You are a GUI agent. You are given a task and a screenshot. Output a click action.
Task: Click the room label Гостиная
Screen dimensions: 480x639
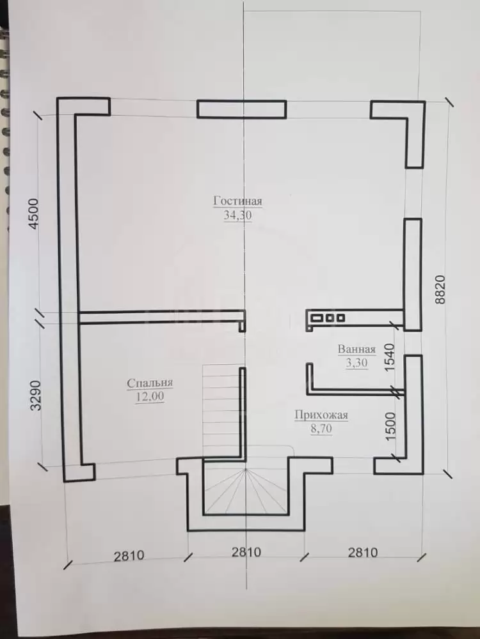tap(237, 201)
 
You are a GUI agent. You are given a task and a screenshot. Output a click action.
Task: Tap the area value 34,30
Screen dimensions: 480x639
tap(237, 215)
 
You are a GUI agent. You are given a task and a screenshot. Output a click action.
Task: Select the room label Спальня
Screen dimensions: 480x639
tap(150, 383)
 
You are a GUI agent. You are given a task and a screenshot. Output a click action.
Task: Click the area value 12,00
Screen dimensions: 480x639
tap(150, 396)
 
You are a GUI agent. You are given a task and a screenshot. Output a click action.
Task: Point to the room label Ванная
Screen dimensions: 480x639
tap(356, 350)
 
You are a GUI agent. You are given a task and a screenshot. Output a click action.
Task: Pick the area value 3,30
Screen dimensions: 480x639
tap(356, 362)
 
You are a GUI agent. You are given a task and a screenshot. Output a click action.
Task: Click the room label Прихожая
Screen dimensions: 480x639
tap(321, 415)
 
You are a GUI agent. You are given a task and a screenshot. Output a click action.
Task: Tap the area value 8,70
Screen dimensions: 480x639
tap(321, 429)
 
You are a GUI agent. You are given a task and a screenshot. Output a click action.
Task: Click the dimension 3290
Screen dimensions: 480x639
tap(36, 396)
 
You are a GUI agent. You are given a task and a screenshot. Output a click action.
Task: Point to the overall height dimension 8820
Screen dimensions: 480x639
tap(440, 289)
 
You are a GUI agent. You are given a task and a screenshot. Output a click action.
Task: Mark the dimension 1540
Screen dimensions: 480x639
tap(390, 357)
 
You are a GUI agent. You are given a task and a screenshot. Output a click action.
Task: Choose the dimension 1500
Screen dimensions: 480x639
tap(390, 426)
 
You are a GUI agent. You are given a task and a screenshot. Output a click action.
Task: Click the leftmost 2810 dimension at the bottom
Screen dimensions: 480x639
tap(129, 555)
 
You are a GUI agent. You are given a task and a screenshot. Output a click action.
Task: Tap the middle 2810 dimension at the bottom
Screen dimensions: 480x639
tap(246, 552)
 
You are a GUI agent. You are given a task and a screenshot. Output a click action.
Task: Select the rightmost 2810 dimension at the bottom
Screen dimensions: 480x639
tap(363, 553)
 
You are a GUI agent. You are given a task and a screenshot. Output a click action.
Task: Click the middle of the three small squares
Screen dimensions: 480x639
tap(330, 318)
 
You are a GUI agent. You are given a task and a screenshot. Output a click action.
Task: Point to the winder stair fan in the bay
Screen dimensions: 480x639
tap(246, 491)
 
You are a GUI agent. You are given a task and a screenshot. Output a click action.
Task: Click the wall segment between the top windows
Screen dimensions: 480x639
tap(242, 109)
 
